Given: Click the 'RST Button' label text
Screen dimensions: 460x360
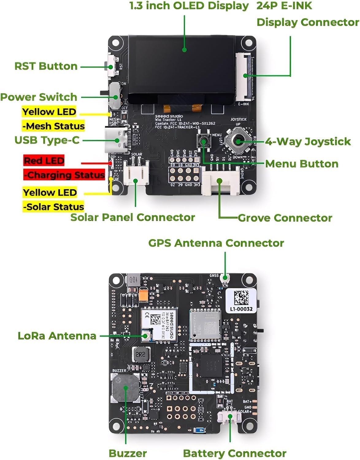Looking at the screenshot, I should tap(46, 66).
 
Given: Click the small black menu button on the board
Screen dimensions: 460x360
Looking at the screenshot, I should tap(204, 141).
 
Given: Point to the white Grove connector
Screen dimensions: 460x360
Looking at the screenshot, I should tap(220, 182).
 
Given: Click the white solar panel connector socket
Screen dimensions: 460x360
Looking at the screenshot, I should tap(136, 174).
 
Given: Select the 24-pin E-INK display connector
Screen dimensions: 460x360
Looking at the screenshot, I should tap(244, 77).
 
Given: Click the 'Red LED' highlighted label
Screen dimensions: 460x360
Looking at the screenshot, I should tap(44, 160).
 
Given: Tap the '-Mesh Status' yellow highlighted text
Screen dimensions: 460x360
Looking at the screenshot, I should tap(53, 126).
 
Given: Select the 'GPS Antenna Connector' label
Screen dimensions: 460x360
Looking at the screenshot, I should tap(216, 243).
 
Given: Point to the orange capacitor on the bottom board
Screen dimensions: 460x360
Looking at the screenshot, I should tap(143, 295).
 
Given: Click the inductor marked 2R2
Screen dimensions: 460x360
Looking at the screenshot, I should tap(141, 355).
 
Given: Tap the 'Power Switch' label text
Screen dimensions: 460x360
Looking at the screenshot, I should tap(39, 97).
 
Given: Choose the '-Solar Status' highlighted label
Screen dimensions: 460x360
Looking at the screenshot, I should tap(53, 207).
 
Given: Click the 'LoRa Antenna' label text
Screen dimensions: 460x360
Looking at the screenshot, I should tap(57, 335).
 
